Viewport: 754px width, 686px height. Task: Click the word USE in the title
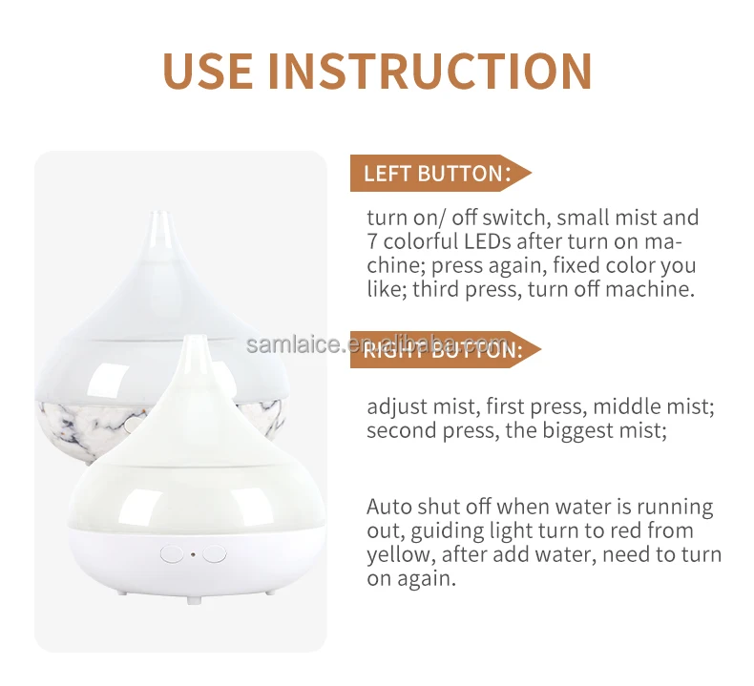pyautogui.click(x=208, y=71)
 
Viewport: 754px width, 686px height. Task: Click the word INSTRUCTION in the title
pyautogui.click(x=430, y=71)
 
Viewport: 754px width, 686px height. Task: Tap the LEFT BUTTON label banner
pyautogui.click(x=441, y=173)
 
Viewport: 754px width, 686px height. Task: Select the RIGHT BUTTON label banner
pyautogui.click(x=446, y=349)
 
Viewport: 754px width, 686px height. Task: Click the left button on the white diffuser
pyautogui.click(x=171, y=553)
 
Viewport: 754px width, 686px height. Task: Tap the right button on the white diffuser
pyautogui.click(x=215, y=553)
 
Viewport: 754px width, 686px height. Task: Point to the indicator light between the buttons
pyautogui.click(x=193, y=554)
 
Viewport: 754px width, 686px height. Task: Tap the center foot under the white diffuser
pyautogui.click(x=194, y=600)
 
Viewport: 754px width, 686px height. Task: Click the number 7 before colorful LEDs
pyautogui.click(x=372, y=240)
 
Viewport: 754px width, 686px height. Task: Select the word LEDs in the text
pyautogui.click(x=487, y=240)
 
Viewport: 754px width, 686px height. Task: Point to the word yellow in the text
pyautogui.click(x=398, y=555)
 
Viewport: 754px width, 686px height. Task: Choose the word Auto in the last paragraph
pyautogui.click(x=388, y=507)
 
